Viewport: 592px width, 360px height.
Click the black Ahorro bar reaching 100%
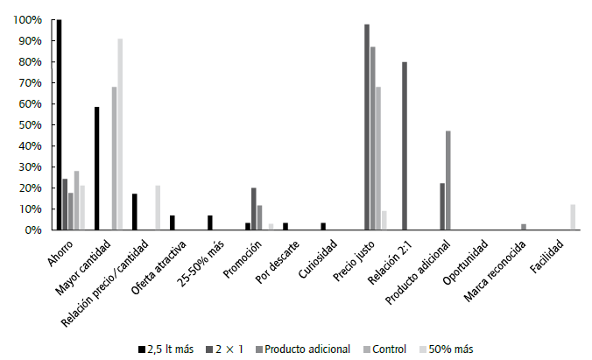[x=59, y=124]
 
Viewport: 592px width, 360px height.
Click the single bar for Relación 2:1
[x=405, y=145]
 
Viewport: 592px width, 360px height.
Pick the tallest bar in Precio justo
[x=367, y=127]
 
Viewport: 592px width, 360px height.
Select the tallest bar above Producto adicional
[x=448, y=180]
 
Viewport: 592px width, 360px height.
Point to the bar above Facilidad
[x=573, y=217]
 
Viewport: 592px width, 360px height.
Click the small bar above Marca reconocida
[x=524, y=227]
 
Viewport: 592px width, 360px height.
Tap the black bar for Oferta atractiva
[x=173, y=222]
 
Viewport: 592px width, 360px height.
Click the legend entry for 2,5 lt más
[x=168, y=348]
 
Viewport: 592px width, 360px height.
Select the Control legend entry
[x=383, y=348]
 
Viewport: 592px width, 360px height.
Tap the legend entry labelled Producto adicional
[x=302, y=348]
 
